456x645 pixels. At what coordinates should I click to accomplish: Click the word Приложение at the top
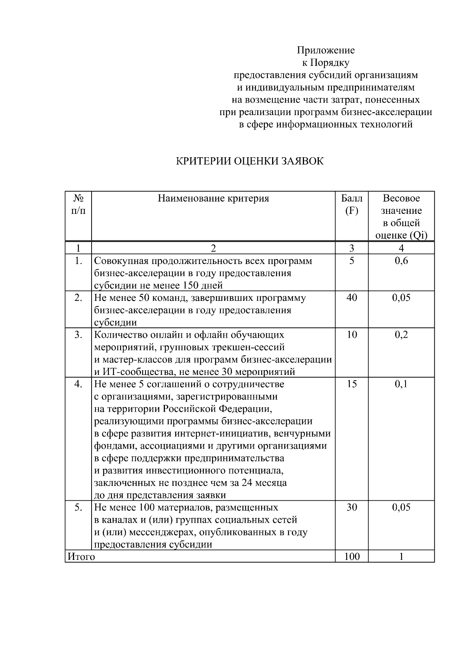tap(326, 50)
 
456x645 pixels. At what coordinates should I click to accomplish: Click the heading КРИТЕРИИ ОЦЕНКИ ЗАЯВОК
tap(250, 161)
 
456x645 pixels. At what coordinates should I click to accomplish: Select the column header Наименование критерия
tap(213, 198)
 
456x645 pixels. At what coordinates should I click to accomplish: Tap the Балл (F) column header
tap(351, 204)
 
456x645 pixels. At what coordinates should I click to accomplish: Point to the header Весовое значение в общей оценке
tap(401, 217)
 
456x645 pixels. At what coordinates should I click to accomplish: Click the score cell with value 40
tap(351, 297)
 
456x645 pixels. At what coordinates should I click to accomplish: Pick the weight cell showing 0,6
tap(401, 261)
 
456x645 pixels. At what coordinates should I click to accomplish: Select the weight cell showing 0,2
tap(401, 335)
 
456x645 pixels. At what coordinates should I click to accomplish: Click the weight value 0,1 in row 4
tap(401, 384)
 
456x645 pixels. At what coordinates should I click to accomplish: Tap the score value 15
tap(351, 384)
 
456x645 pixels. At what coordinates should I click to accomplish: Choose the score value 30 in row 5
tap(351, 507)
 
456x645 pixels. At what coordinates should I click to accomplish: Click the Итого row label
tap(81, 557)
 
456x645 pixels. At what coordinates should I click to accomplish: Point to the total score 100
tap(351, 557)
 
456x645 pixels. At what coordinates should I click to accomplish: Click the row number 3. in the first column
tap(78, 335)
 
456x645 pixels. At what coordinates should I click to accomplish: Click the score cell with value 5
tap(351, 261)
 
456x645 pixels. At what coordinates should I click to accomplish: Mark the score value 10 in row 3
tap(351, 335)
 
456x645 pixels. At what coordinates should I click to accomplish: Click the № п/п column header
tap(78, 204)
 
